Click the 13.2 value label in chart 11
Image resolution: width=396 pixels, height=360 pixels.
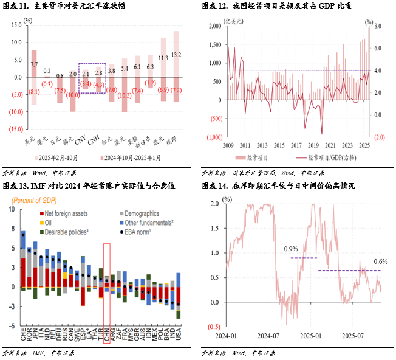[177, 55]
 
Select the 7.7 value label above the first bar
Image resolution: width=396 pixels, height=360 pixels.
[34, 64]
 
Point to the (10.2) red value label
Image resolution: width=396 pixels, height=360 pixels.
[124, 95]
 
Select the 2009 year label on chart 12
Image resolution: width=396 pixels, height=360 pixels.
[228, 145]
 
